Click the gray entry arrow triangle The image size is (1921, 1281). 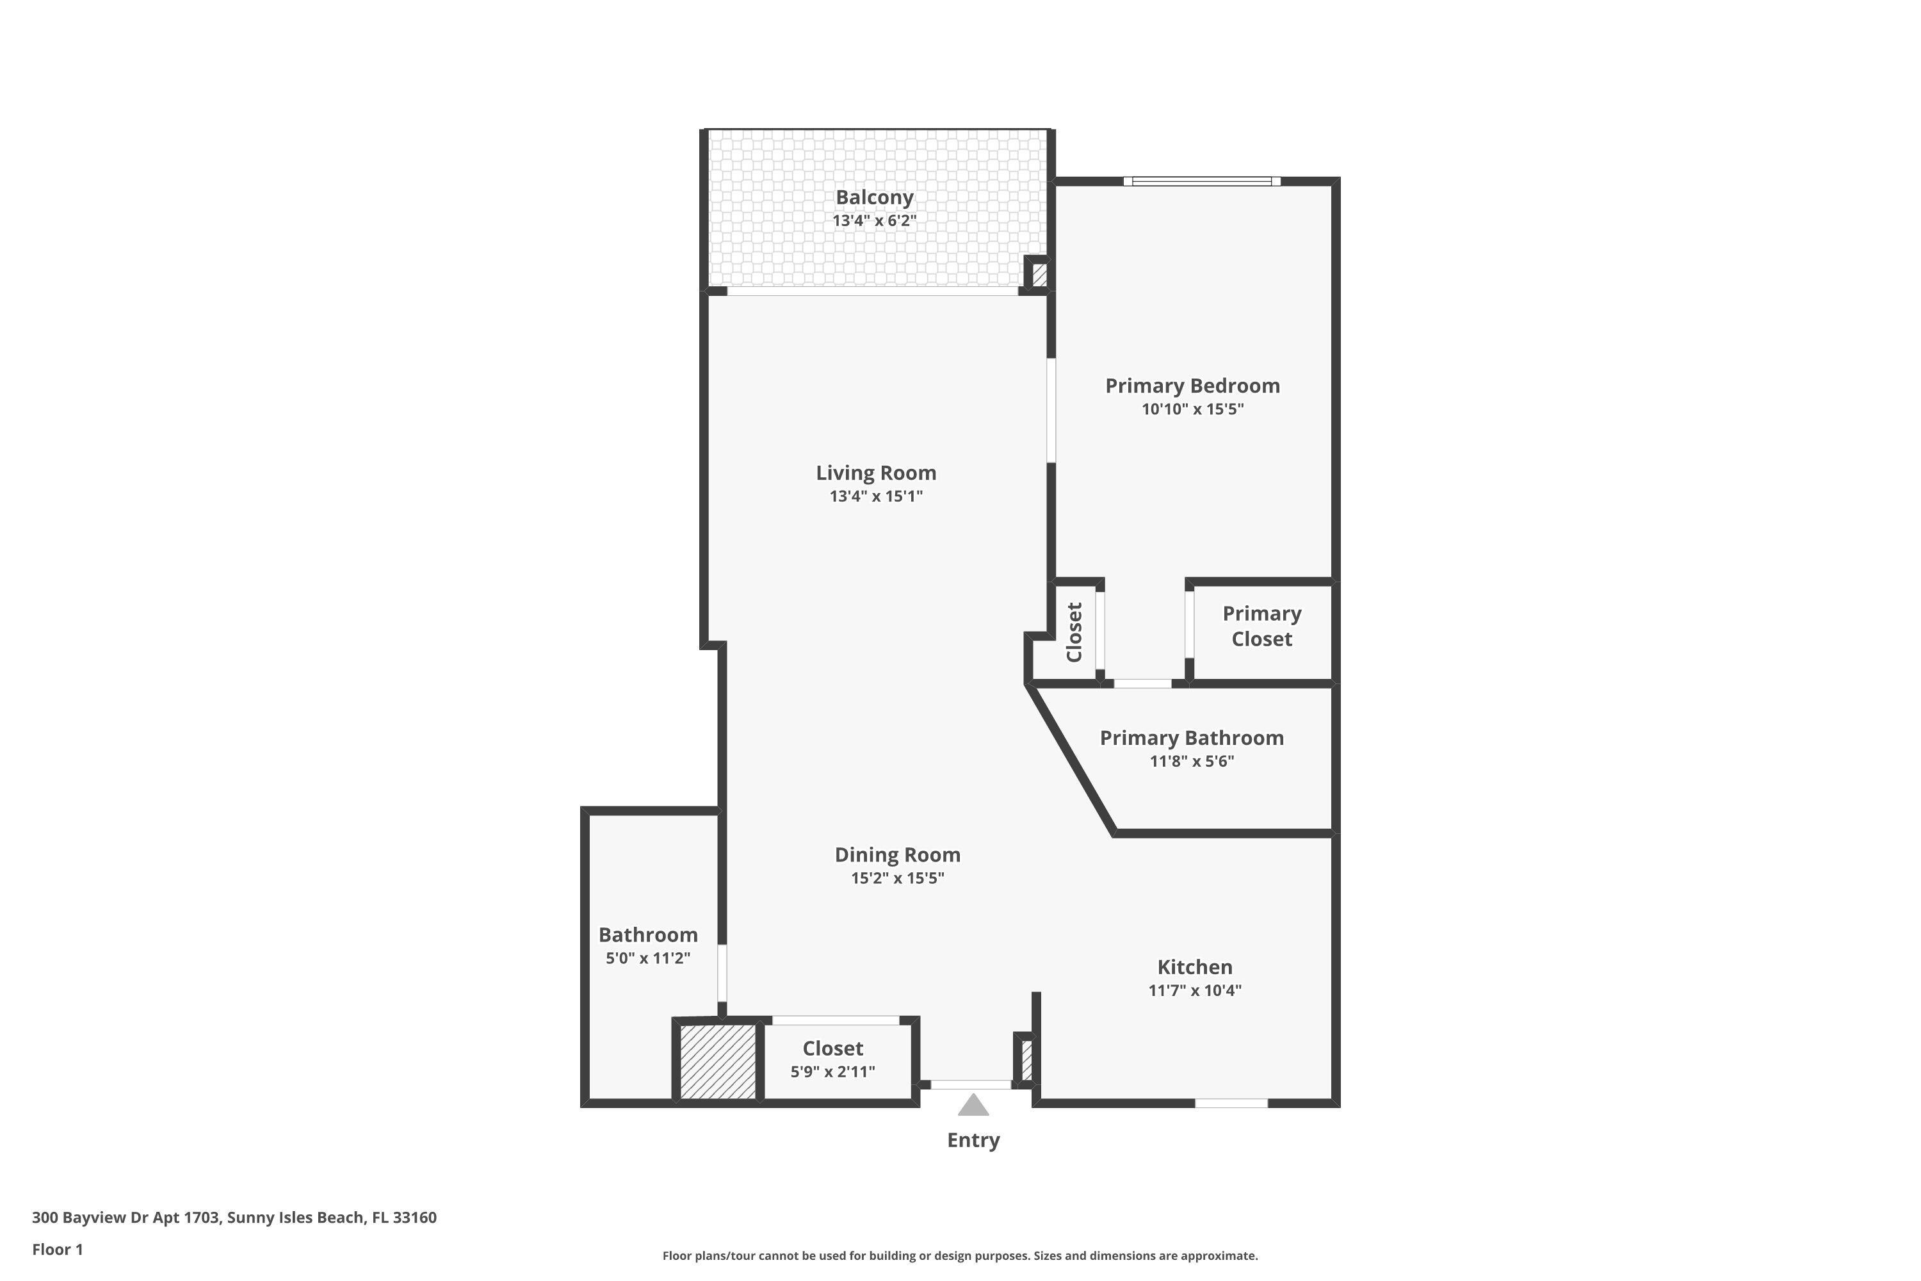pos(973,1106)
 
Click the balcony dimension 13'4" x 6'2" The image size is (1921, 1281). pos(874,220)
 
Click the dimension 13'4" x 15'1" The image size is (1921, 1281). pos(875,496)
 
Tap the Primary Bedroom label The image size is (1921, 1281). pos(1192,386)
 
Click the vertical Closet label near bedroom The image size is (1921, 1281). pos(1074,632)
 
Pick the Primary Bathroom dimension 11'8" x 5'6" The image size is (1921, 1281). pos(1192,762)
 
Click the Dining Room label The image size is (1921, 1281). pos(897,854)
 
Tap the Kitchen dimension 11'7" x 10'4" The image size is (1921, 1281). pos(1194,990)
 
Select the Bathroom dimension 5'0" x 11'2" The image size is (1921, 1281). pos(647,958)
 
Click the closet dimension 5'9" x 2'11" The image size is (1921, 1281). pos(832,1071)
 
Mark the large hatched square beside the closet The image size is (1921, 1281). pos(717,1061)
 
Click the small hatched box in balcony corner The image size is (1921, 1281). pos(1039,273)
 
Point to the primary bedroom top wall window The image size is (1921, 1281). pos(1201,181)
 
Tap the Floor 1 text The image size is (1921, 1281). pos(57,1249)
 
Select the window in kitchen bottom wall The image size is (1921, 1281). pos(1231,1103)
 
